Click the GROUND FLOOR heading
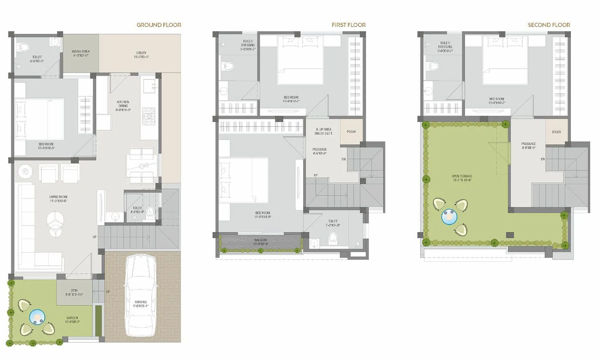point(159,25)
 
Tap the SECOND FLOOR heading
point(549,25)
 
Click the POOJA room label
point(351,132)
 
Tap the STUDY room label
point(556,132)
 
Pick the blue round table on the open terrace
point(449,217)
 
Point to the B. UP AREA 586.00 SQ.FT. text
point(323,131)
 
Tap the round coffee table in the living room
point(55,221)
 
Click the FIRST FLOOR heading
point(348,25)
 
